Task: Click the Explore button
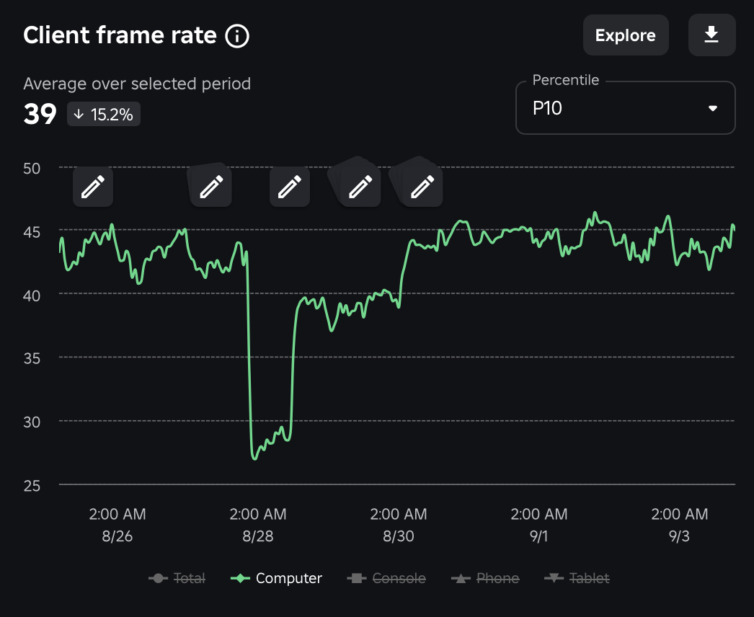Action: (x=625, y=35)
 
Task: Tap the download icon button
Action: (x=711, y=35)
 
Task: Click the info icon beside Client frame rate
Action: (x=237, y=35)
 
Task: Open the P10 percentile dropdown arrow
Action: (x=713, y=108)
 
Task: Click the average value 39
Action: (x=40, y=115)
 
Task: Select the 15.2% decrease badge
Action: (x=104, y=115)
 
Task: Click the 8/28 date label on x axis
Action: (x=258, y=537)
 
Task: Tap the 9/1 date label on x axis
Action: (x=539, y=537)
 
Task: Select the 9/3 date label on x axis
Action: (x=680, y=537)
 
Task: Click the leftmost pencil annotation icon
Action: (x=93, y=187)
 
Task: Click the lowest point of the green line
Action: (x=255, y=458)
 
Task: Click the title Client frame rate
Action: (x=120, y=35)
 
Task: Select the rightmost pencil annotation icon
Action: (x=422, y=187)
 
